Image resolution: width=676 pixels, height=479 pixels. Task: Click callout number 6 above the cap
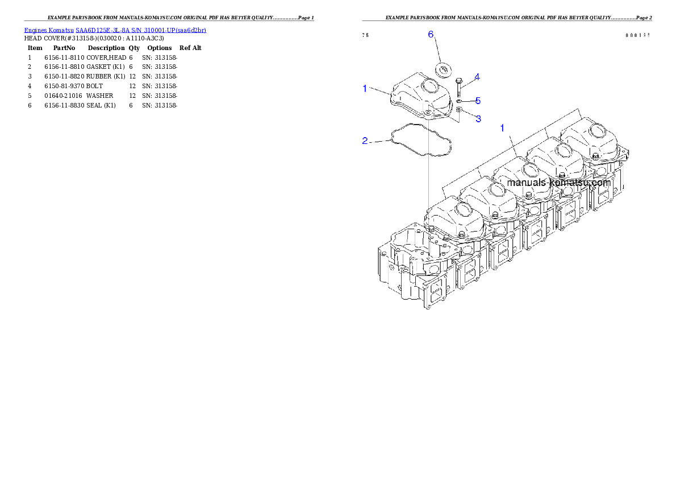pyautogui.click(x=431, y=35)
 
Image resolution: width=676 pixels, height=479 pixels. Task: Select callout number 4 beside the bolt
pyautogui.click(x=477, y=77)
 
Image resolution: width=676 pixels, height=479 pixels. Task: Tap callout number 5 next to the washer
pyautogui.click(x=478, y=101)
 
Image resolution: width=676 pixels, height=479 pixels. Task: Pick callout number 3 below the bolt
pyautogui.click(x=478, y=118)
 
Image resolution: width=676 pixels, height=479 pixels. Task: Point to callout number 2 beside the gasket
pyautogui.click(x=365, y=141)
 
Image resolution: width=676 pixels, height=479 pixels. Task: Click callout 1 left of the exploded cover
pyautogui.click(x=365, y=88)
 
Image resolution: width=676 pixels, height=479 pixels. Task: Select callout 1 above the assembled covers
pyautogui.click(x=502, y=128)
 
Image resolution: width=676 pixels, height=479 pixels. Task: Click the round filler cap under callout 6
pyautogui.click(x=443, y=70)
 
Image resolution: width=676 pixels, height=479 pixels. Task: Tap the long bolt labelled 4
pyautogui.click(x=458, y=87)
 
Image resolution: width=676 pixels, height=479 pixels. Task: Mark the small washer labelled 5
pyautogui.click(x=459, y=101)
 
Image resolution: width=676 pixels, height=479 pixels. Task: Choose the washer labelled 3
pyautogui.click(x=459, y=109)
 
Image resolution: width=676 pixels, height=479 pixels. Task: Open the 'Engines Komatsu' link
pyautogui.click(x=49, y=30)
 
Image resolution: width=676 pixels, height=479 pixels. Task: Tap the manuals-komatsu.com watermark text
pyautogui.click(x=558, y=183)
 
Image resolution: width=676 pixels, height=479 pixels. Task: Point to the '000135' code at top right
pyautogui.click(x=637, y=35)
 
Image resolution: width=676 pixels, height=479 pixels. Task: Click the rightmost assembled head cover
pyautogui.click(x=591, y=139)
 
